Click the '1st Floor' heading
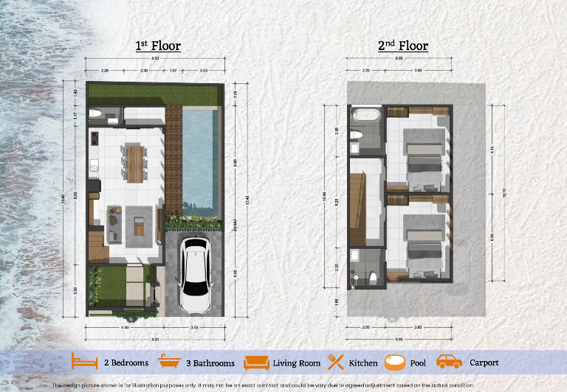tap(157, 46)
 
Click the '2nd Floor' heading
tap(402, 46)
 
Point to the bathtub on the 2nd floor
tap(364, 115)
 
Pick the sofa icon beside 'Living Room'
tap(258, 362)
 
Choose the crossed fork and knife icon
tap(337, 362)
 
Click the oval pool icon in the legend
tap(394, 362)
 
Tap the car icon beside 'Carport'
tap(450, 362)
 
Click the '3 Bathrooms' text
tap(210, 363)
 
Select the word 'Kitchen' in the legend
tap(363, 363)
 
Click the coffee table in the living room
tap(139, 225)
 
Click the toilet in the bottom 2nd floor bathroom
tap(374, 276)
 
